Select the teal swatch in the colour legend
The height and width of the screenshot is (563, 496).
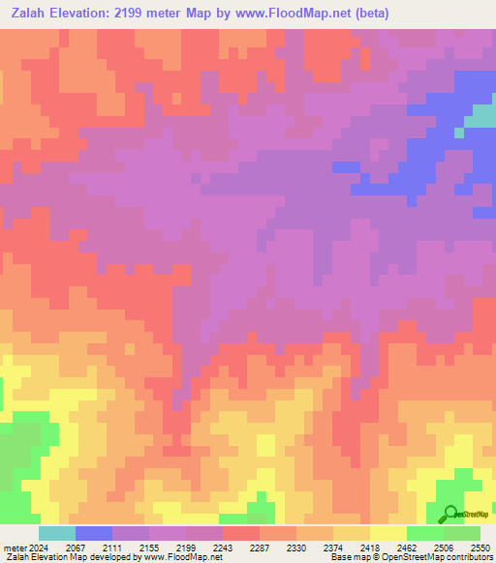[x=57, y=533]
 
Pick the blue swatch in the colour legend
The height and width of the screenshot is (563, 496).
[x=94, y=533]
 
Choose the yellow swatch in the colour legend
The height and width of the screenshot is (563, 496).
[x=388, y=533]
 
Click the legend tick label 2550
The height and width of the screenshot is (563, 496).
[x=481, y=547]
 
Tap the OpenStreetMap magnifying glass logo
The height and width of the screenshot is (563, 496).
[x=449, y=515]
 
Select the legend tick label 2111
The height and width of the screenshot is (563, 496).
[x=119, y=547]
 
